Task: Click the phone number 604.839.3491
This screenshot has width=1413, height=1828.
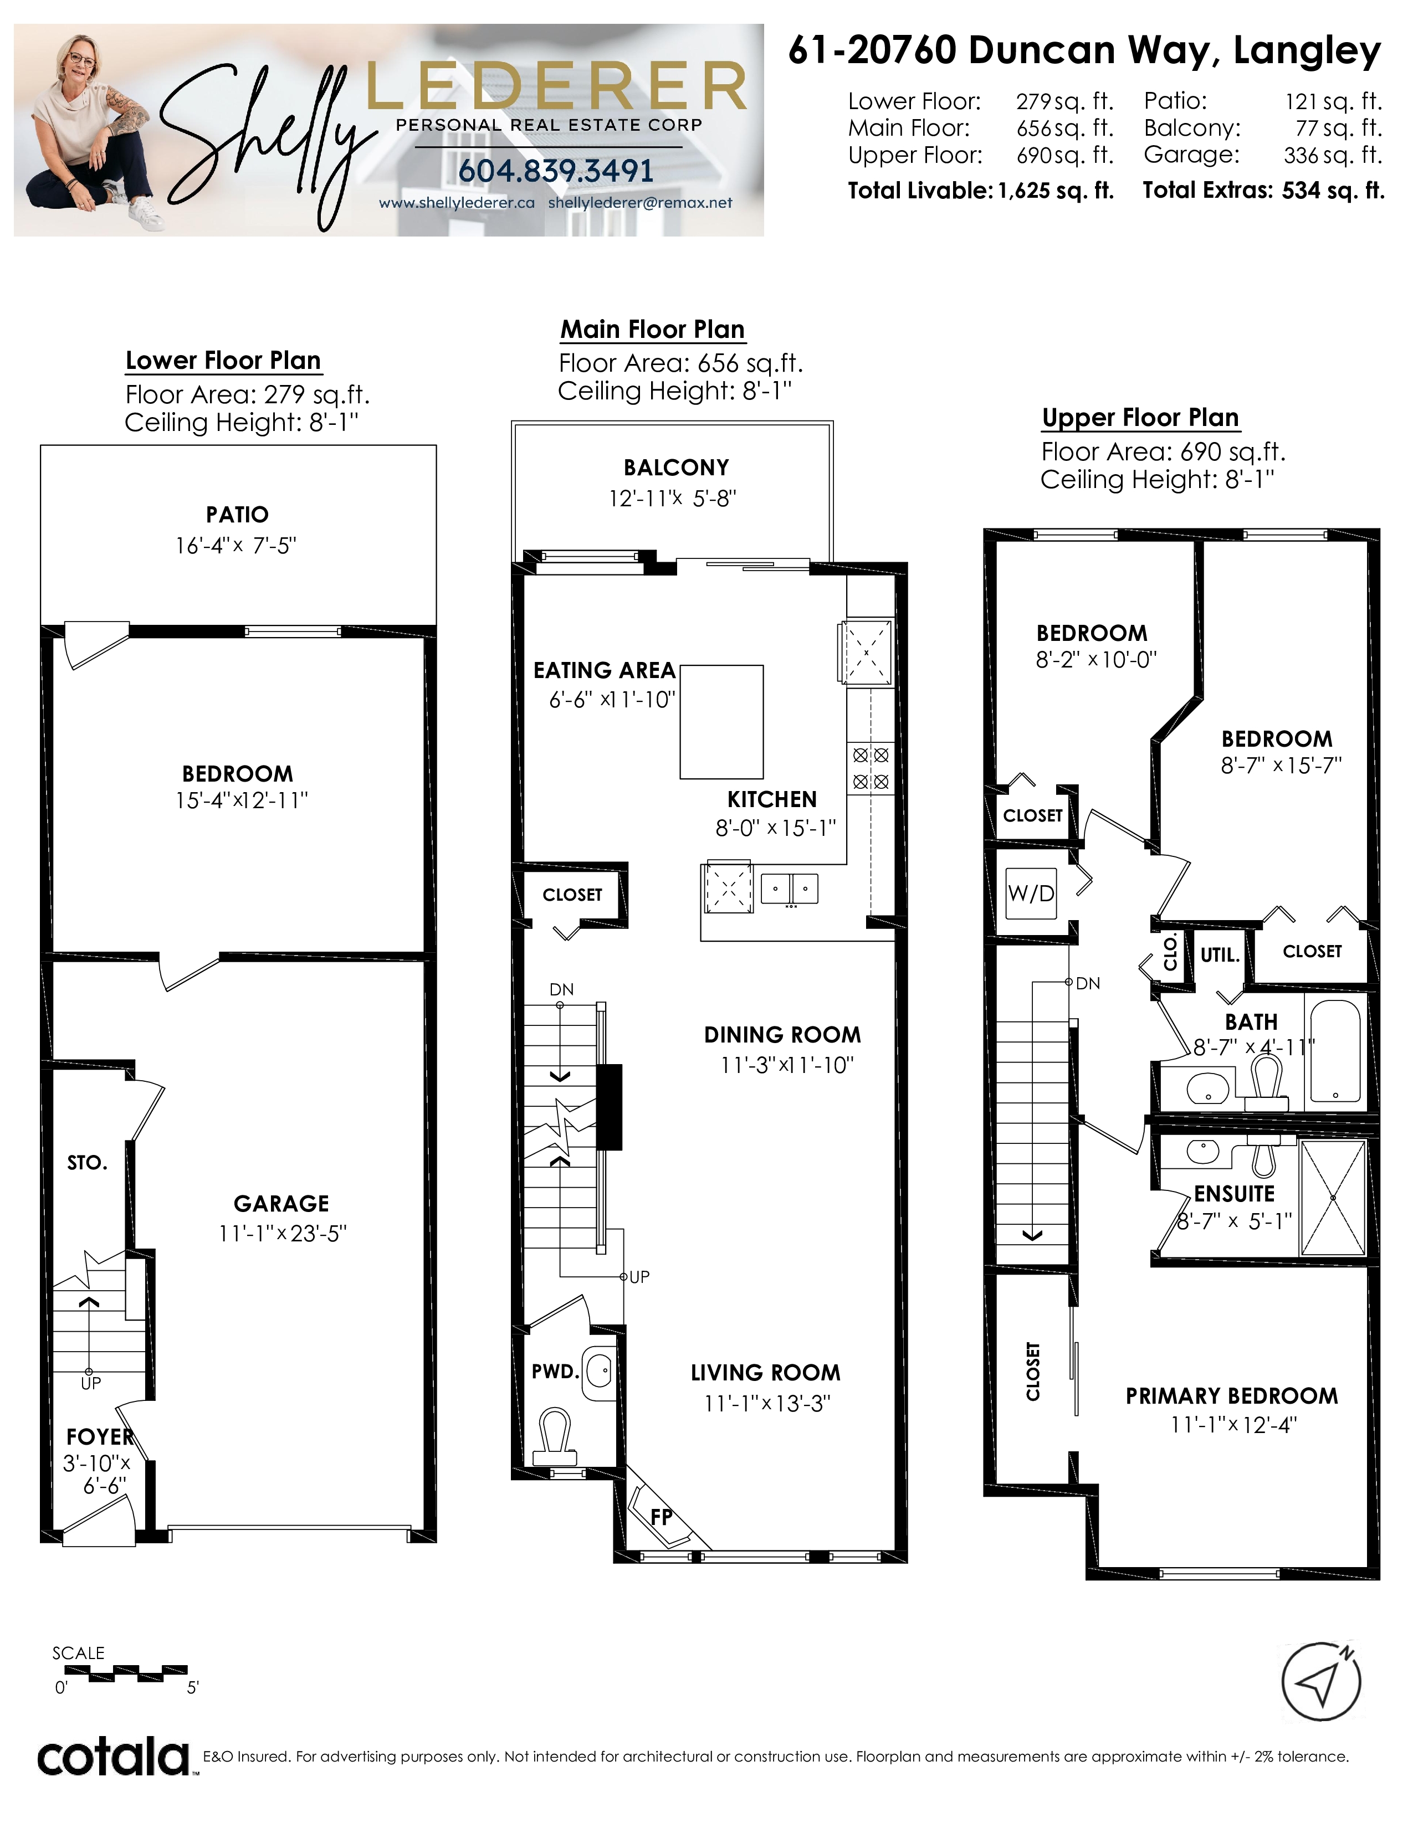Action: pyautogui.click(x=556, y=171)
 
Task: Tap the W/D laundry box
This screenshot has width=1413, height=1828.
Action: pyautogui.click(x=1031, y=892)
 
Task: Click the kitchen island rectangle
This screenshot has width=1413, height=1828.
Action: pyautogui.click(x=721, y=721)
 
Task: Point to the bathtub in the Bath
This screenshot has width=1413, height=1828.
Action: pyautogui.click(x=1335, y=1051)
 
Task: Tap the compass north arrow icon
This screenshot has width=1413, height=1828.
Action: pyautogui.click(x=1322, y=1682)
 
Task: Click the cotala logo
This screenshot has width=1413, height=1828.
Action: pyautogui.click(x=114, y=1758)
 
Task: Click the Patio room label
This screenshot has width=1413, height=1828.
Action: pyautogui.click(x=238, y=515)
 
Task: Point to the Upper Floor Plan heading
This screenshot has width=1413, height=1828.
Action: pyautogui.click(x=1140, y=418)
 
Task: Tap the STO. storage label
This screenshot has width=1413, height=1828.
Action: pyautogui.click(x=87, y=1163)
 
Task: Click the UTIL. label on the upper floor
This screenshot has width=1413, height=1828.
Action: pyautogui.click(x=1220, y=955)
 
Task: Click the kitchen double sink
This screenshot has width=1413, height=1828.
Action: pyautogui.click(x=790, y=888)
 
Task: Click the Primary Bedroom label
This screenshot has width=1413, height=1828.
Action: pyautogui.click(x=1231, y=1396)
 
